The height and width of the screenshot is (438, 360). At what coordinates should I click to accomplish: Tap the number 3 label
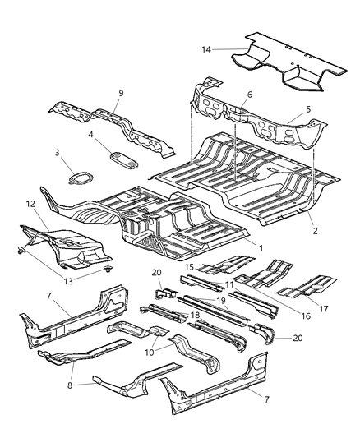pos(58,153)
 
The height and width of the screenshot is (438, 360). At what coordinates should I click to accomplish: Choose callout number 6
pos(249,95)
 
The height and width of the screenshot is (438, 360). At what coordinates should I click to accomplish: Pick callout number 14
pos(206,50)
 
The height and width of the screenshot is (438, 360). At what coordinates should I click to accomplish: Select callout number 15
pos(188,267)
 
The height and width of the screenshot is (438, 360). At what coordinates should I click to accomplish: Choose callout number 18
pos(196,315)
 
